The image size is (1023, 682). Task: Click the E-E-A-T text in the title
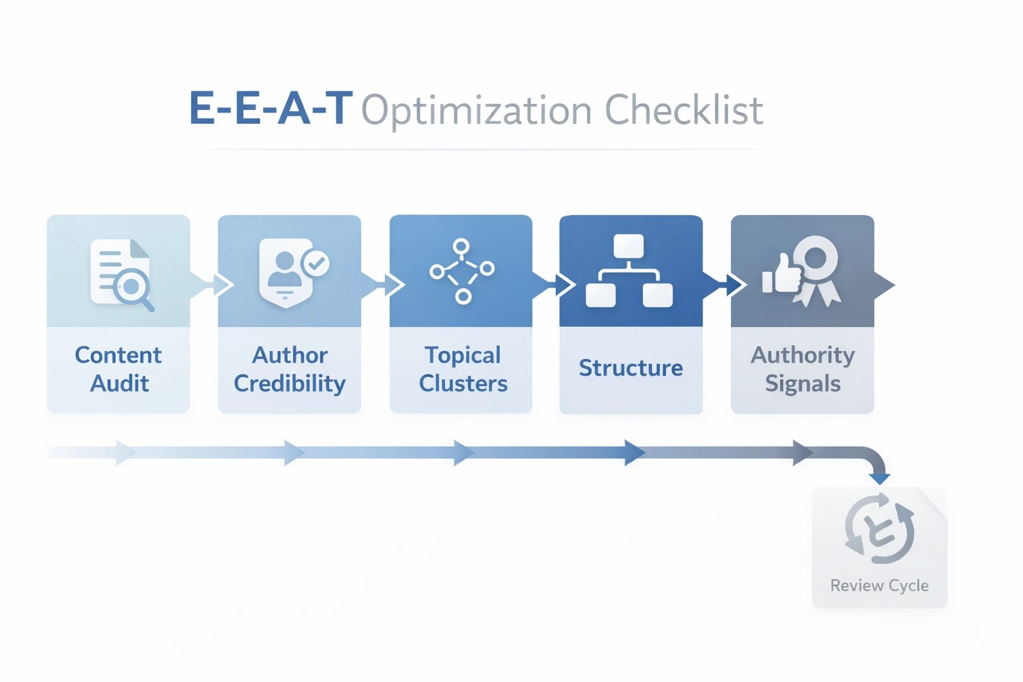point(270,109)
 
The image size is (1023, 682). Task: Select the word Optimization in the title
point(476,111)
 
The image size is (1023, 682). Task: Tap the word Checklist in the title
point(683,110)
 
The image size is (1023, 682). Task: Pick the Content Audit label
point(119,369)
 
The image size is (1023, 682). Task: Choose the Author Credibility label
point(290,369)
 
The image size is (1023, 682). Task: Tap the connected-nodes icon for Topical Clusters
point(462,270)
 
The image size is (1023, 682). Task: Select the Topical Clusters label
point(463,369)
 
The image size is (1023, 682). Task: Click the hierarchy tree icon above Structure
point(629,270)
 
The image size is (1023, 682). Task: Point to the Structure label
point(631,368)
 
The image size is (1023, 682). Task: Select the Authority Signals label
point(803,369)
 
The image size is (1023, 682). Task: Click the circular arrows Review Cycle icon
point(879,529)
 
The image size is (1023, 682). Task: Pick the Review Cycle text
point(879,585)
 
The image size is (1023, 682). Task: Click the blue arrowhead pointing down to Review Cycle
point(880,478)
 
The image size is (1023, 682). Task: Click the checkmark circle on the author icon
point(316,263)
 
